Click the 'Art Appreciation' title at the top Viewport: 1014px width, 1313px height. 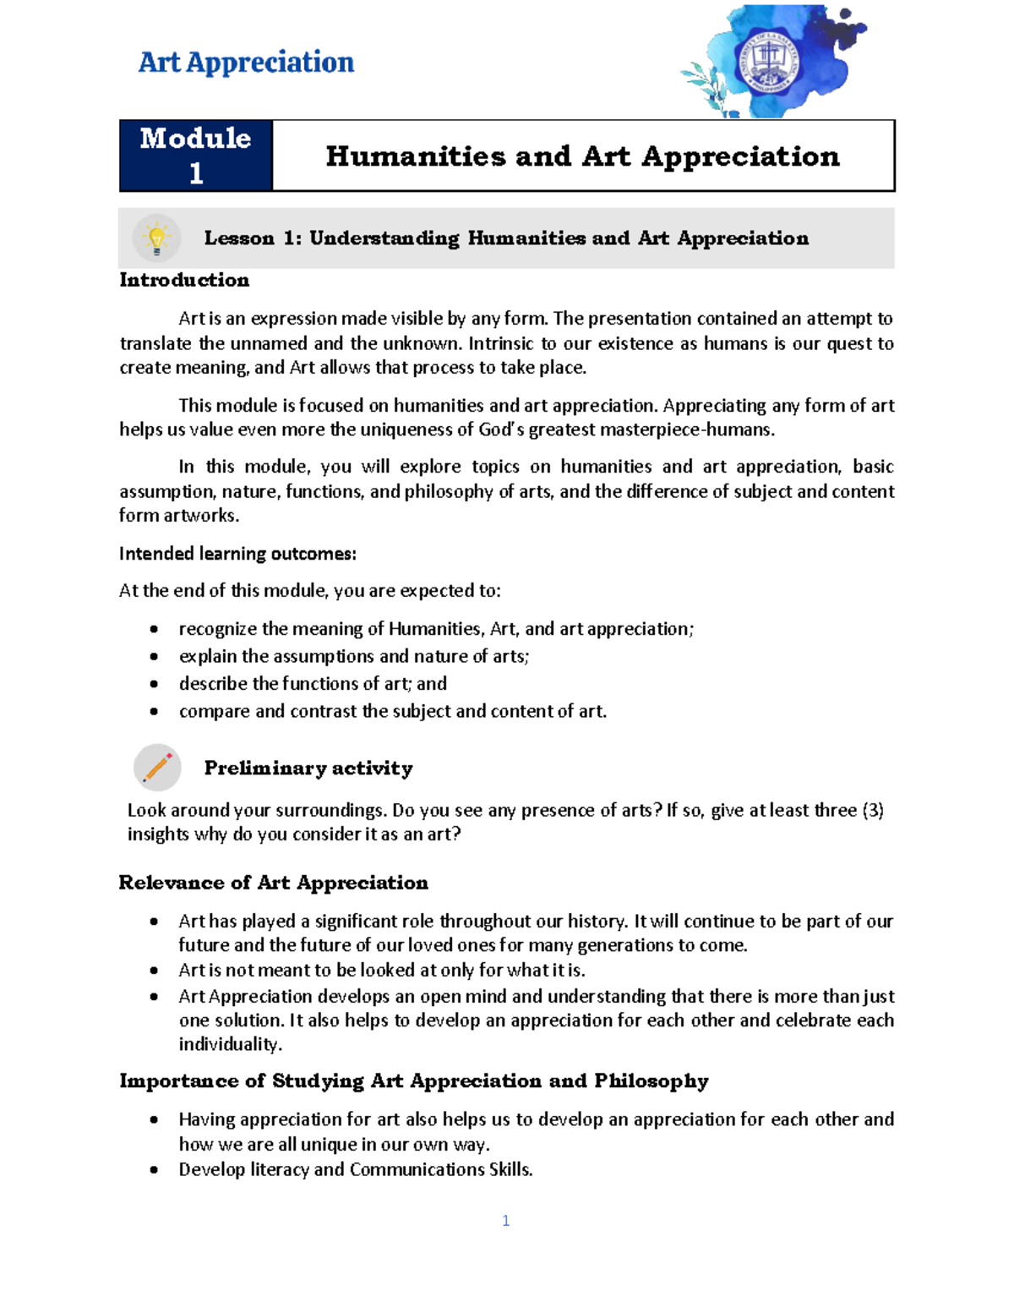pyautogui.click(x=246, y=63)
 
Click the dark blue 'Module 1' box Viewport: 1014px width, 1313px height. pyautogui.click(x=195, y=156)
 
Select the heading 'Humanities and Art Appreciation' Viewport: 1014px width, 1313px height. pyautogui.click(x=582, y=156)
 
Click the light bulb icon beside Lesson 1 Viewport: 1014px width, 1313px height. pyautogui.click(x=156, y=238)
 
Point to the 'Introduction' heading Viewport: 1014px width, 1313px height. pyautogui.click(x=184, y=280)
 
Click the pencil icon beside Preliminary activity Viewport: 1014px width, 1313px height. pyautogui.click(x=157, y=768)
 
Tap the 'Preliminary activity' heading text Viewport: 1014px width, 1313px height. pyautogui.click(x=308, y=768)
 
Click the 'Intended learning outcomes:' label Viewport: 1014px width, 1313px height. pyautogui.click(x=237, y=554)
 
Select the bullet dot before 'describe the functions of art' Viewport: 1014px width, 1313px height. pyautogui.click(x=154, y=684)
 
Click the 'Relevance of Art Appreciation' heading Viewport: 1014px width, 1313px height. pyautogui.click(x=273, y=883)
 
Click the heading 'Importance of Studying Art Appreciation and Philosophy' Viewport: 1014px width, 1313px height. pyautogui.click(x=413, y=1081)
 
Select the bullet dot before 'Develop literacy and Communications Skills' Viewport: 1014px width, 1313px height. pyautogui.click(x=154, y=1170)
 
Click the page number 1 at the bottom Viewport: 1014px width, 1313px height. pyautogui.click(x=505, y=1220)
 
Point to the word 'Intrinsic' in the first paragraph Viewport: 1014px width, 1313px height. pyautogui.click(x=501, y=343)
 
